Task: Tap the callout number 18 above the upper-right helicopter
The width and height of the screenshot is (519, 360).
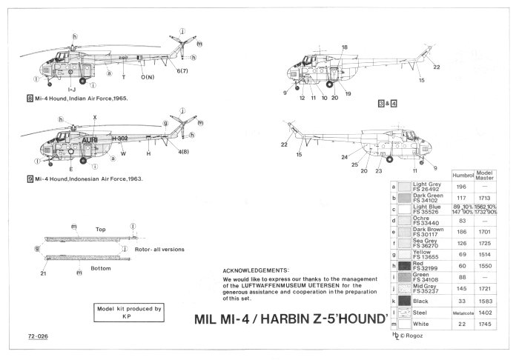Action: point(344,47)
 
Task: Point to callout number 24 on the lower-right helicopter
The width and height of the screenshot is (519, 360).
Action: point(344,157)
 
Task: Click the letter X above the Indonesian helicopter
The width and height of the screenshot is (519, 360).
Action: point(95,117)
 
